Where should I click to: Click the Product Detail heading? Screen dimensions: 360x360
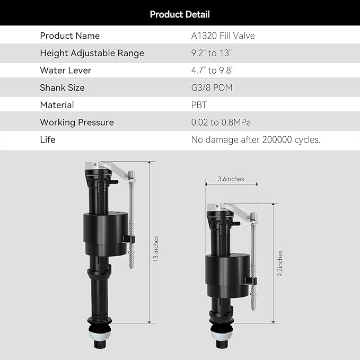(x=180, y=14)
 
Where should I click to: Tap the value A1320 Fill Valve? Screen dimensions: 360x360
(x=223, y=36)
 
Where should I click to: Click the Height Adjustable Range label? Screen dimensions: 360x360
(x=92, y=53)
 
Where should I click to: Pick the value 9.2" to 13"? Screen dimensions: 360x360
(x=212, y=53)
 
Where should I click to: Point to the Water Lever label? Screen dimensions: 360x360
(x=65, y=71)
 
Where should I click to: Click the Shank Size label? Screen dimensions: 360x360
(x=62, y=87)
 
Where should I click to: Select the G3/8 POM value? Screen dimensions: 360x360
(x=212, y=87)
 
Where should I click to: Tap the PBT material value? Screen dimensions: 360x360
(x=199, y=105)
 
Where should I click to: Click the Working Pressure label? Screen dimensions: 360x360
(x=77, y=122)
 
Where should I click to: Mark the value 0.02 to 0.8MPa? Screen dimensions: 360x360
(x=221, y=122)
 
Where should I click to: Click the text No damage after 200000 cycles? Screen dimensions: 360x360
(x=256, y=140)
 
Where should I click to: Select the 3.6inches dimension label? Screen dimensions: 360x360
(x=231, y=179)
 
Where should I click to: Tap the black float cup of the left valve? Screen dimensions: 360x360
(x=106, y=234)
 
